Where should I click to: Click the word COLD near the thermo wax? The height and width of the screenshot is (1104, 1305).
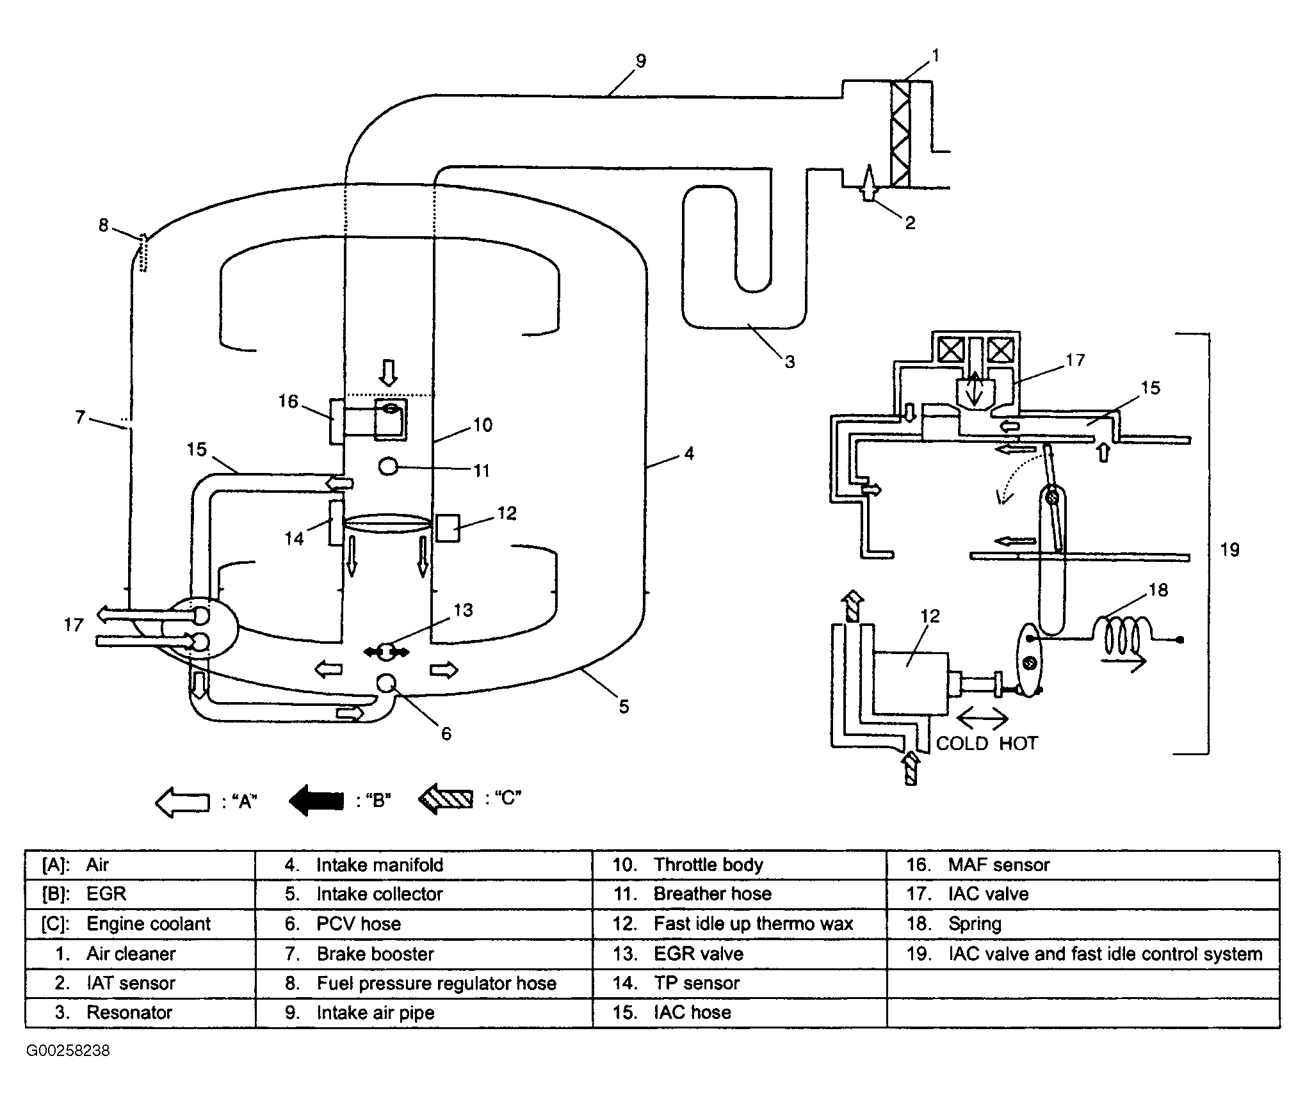pos(962,743)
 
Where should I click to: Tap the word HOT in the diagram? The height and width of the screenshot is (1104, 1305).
pos(1018,743)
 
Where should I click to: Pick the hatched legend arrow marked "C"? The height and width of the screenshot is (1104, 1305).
pos(446,799)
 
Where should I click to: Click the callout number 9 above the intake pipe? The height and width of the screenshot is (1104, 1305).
pos(641,61)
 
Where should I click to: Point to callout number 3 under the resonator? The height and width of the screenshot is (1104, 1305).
pos(790,362)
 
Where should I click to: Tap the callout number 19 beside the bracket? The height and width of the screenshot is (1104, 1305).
pos(1229,549)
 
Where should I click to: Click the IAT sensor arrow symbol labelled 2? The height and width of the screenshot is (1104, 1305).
pos(868,183)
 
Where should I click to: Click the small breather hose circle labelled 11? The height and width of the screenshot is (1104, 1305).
pos(388,467)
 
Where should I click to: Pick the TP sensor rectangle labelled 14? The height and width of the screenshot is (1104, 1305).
pos(336,522)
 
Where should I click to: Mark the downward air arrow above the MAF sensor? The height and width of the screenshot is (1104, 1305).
pos(388,372)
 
